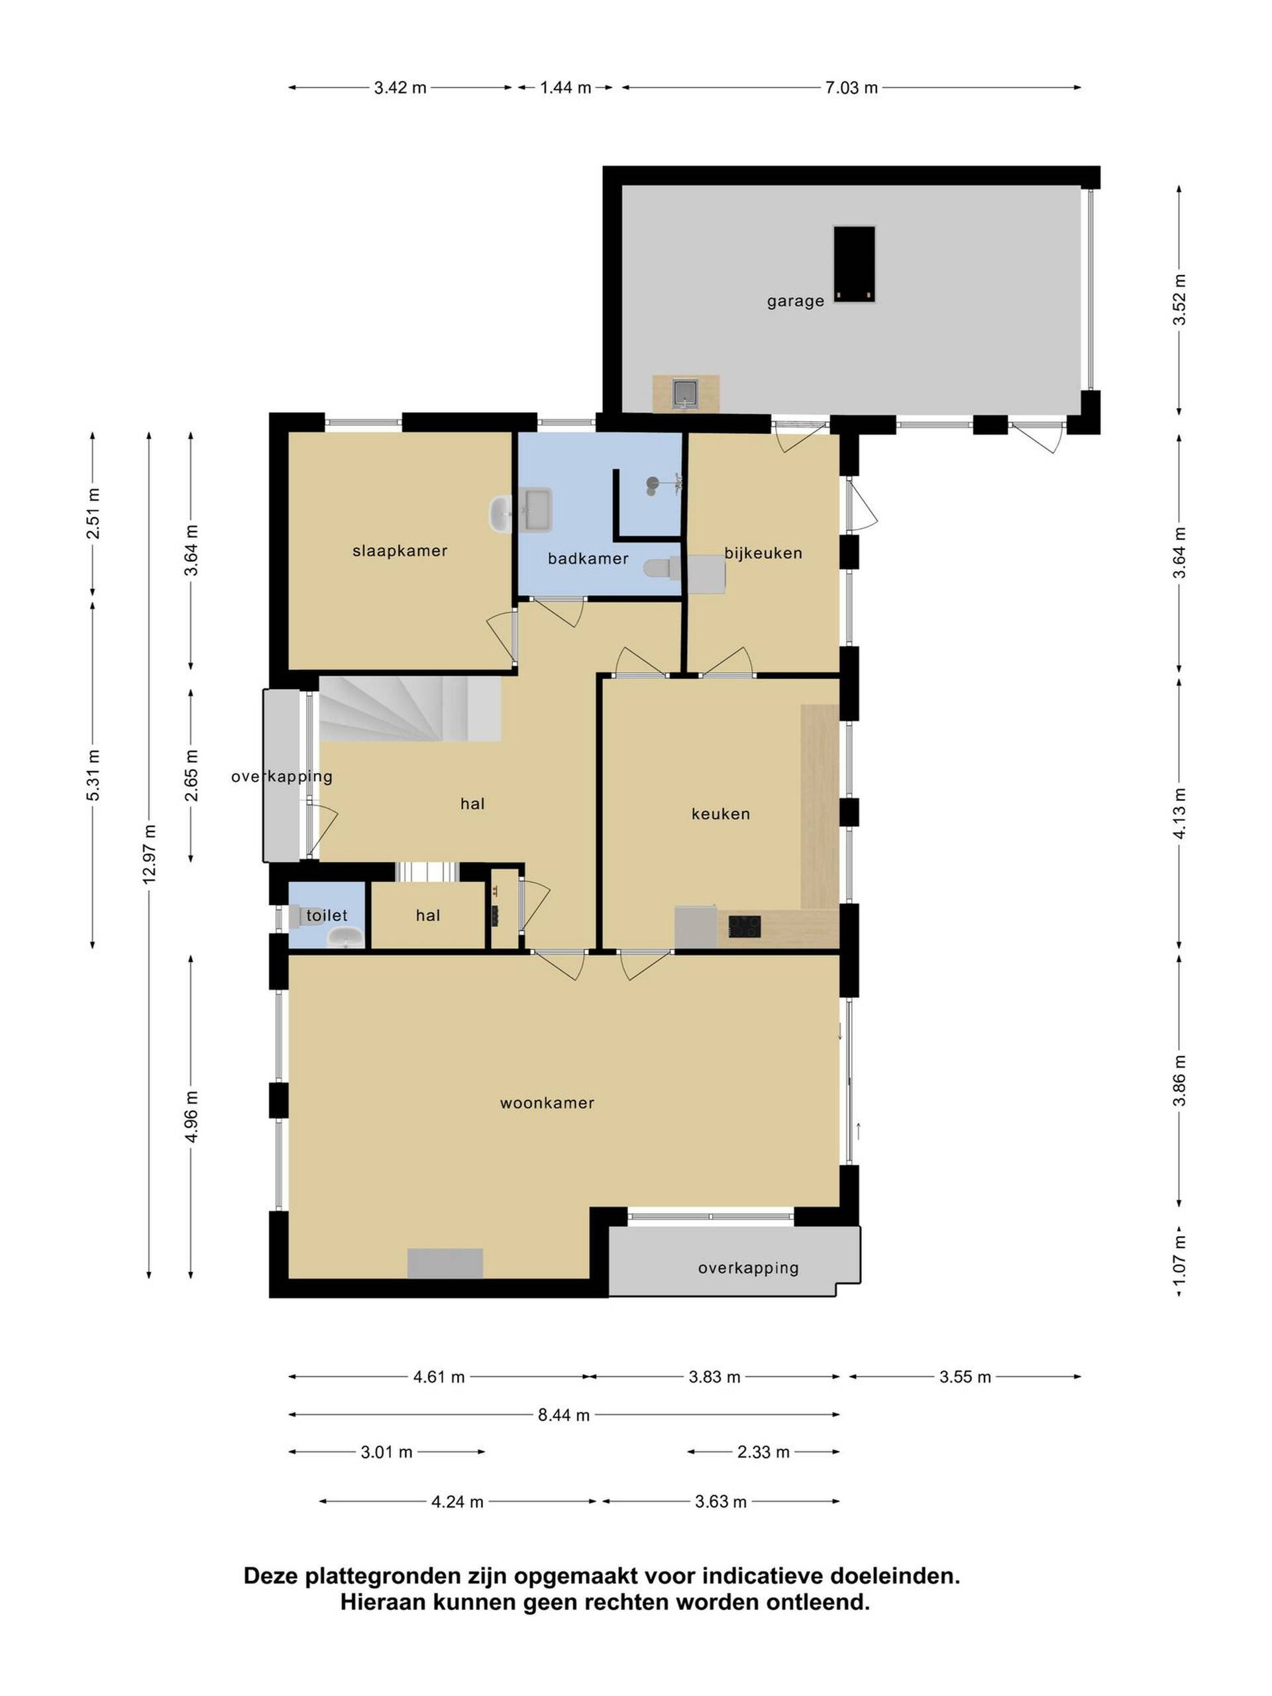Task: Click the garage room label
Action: (x=795, y=301)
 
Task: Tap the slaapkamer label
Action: (x=399, y=551)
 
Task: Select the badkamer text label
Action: (x=588, y=559)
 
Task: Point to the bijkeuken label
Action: (x=763, y=553)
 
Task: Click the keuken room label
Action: (x=720, y=814)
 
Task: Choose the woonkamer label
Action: (x=547, y=1102)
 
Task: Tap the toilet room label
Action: (x=327, y=915)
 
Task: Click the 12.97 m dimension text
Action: (x=150, y=854)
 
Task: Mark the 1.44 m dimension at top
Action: (x=565, y=87)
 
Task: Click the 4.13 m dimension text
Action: (x=1179, y=813)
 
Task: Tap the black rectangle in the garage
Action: (x=854, y=264)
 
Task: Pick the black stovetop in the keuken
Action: (x=744, y=926)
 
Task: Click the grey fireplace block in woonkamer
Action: (x=445, y=1263)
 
